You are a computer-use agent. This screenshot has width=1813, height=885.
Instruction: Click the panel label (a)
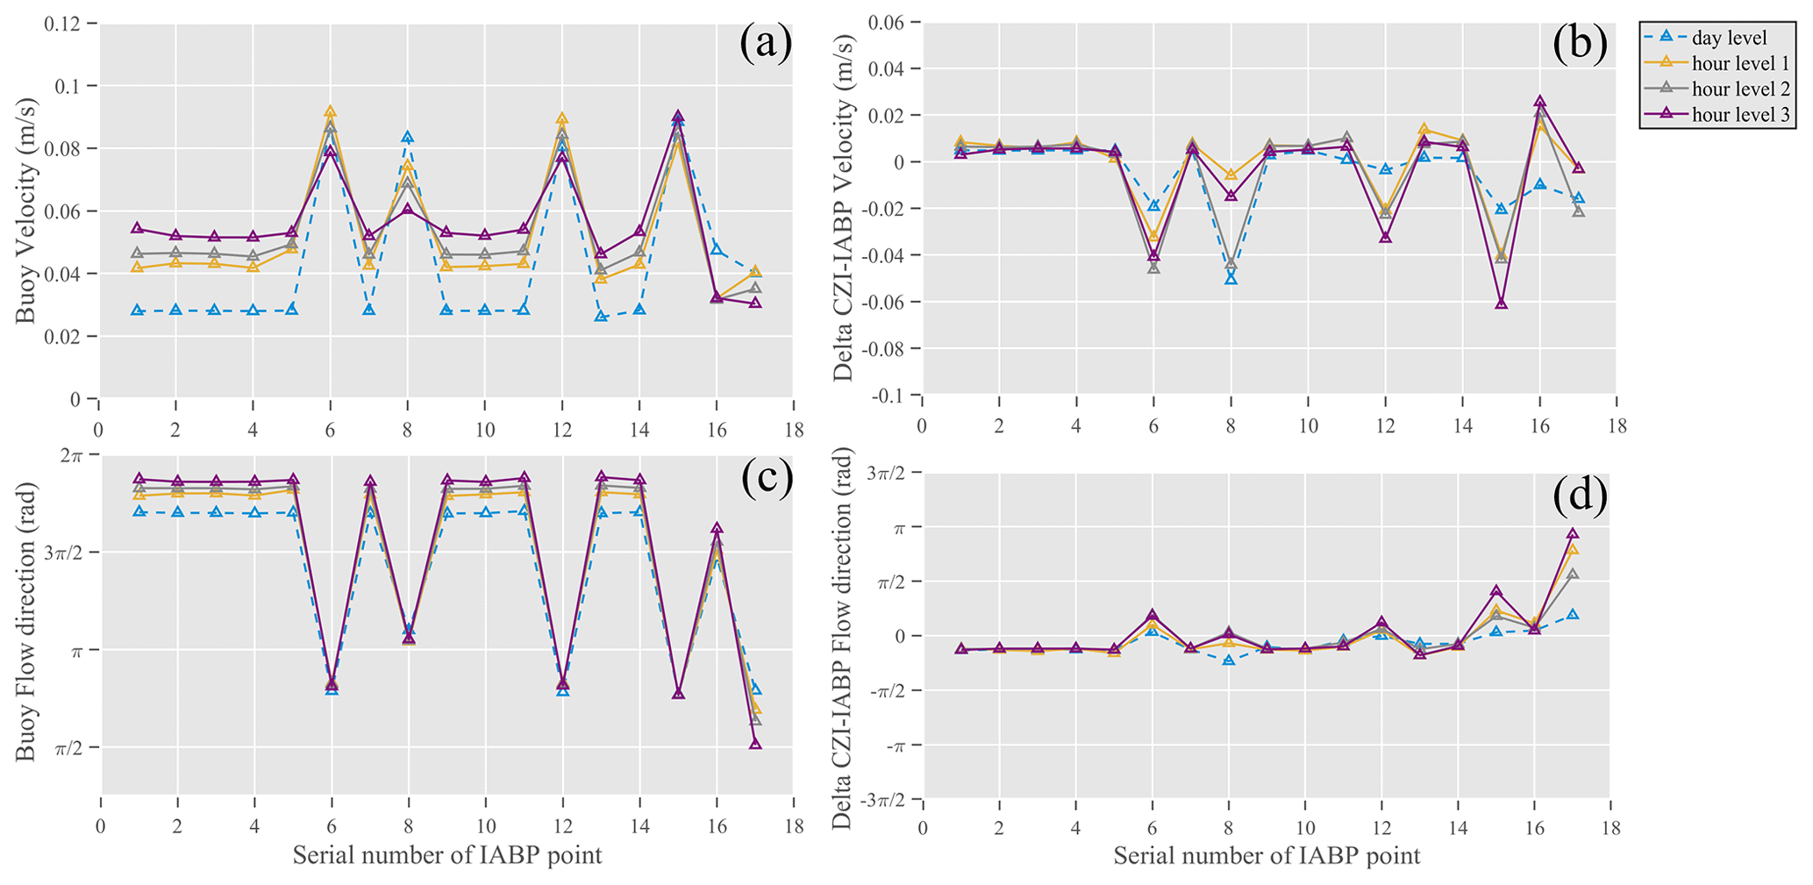pos(766,44)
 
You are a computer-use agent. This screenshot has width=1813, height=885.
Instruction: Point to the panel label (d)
pos(1580,496)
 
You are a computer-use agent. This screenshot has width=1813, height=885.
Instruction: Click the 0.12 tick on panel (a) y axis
pos(63,24)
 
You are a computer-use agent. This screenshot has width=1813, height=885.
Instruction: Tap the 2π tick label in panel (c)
pos(74,455)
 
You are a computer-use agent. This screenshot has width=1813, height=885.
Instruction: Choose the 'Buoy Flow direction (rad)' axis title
pos(26,623)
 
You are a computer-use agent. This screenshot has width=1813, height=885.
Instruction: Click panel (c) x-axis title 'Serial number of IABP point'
pos(447,855)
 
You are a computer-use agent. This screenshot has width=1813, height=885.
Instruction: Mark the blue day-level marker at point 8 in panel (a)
pos(407,138)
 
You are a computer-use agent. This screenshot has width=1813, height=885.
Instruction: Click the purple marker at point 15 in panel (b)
pos(1501,303)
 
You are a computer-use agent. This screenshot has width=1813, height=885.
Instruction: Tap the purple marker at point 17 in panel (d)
pos(1573,533)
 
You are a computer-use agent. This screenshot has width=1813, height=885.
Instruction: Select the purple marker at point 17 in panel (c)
pos(755,744)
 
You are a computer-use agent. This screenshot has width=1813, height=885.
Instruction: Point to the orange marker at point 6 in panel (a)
pos(330,112)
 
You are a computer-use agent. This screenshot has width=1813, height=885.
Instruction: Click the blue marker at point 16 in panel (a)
pos(716,250)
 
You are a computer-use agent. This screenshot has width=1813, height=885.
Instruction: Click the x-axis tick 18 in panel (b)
pos(1616,426)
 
